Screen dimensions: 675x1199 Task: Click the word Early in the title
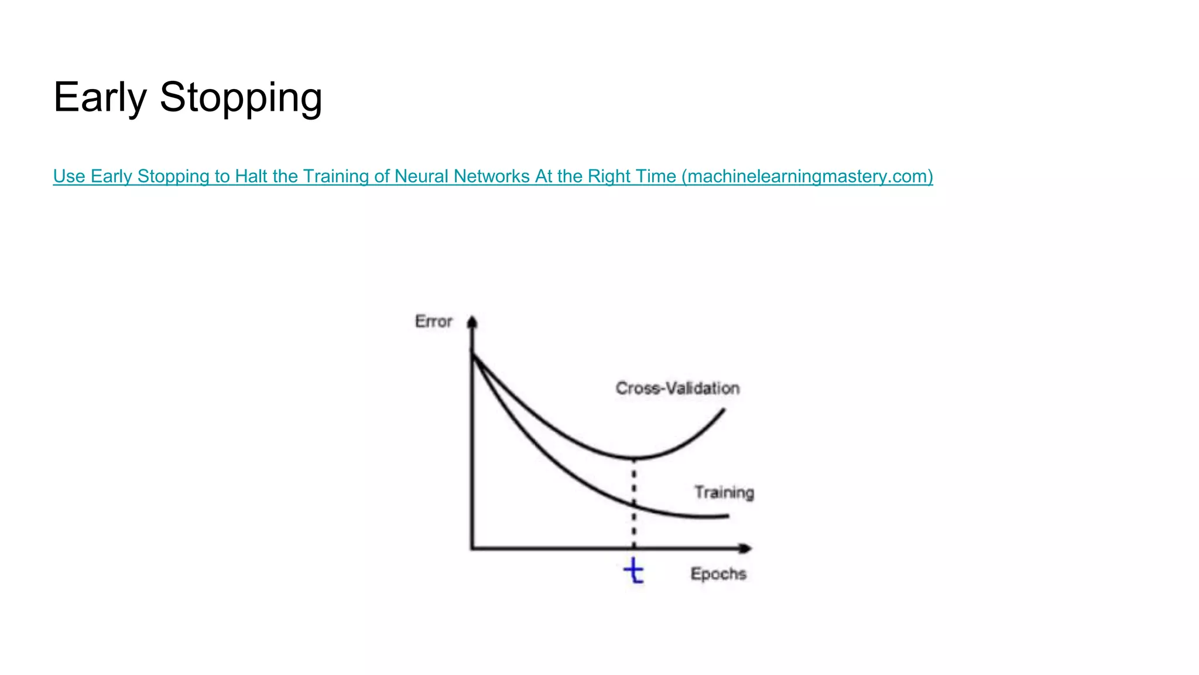[x=100, y=97]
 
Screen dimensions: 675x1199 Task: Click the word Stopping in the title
[x=241, y=97]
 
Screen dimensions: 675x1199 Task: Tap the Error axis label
[x=433, y=321]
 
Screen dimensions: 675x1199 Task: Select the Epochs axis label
[x=718, y=574]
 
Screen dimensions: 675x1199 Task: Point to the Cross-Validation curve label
[x=677, y=388]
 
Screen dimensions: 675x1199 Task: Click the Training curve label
[x=724, y=492]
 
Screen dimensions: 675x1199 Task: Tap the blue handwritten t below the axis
[x=634, y=571]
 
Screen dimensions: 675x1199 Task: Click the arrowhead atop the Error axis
[x=472, y=322]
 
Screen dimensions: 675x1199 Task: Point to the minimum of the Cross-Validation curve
[x=634, y=458]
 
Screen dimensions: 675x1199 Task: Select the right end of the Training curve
[x=728, y=516]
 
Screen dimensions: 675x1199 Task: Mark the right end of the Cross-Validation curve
[x=724, y=409]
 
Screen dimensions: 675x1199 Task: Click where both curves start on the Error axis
[x=472, y=353]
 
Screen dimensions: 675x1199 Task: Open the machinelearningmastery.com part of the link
[x=807, y=176]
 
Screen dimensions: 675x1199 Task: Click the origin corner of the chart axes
[x=472, y=548]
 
